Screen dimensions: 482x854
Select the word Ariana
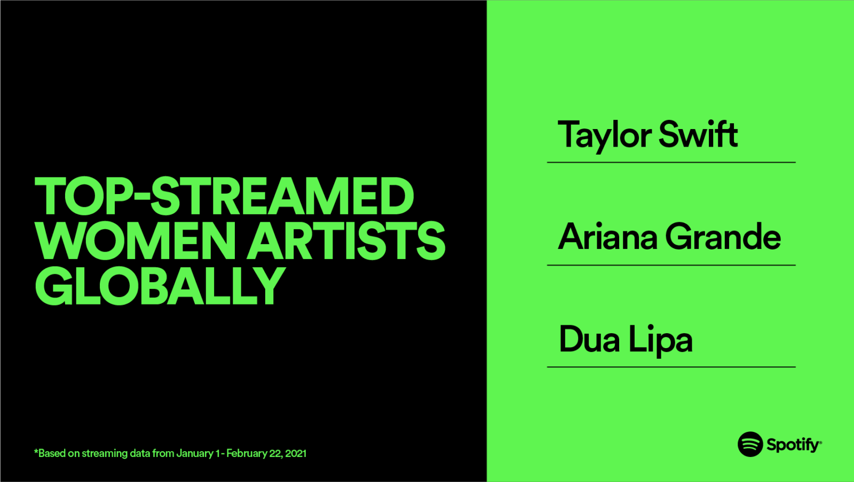607,237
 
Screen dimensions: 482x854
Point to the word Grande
723,237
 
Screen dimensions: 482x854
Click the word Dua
589,339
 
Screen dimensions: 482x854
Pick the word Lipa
660,340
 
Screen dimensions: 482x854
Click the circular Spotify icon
750,444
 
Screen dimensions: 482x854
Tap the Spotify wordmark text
793,445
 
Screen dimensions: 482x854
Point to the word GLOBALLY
160,286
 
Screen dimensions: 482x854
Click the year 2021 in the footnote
296,453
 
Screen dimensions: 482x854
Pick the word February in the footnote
247,453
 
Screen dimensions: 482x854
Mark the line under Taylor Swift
671,162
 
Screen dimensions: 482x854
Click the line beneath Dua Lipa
671,367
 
